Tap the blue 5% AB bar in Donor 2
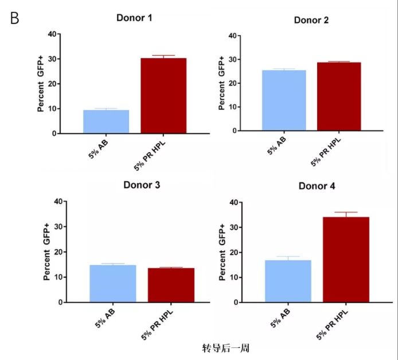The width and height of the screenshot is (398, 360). click(284, 100)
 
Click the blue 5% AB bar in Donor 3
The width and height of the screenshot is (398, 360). click(113, 283)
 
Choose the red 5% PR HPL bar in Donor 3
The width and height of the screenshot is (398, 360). click(170, 285)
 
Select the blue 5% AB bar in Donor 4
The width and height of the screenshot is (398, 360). click(288, 281)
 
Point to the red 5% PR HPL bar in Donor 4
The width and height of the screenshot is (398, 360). click(345, 259)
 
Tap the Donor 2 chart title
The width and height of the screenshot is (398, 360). click(311, 20)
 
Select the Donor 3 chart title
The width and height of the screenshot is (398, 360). click(141, 185)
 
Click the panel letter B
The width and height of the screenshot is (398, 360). click(14, 18)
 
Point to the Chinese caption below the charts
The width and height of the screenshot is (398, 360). click(225, 348)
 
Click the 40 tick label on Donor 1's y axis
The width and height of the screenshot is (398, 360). click(52, 34)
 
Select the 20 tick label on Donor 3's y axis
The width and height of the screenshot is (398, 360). click(58, 252)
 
